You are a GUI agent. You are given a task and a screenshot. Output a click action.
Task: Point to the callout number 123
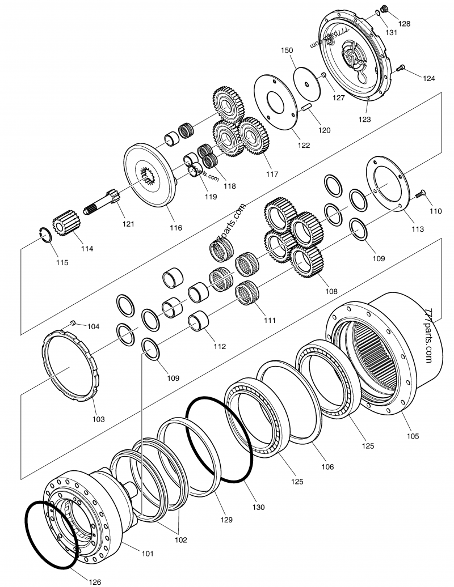click(x=365, y=120)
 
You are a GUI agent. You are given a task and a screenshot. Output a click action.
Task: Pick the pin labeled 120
click(x=306, y=120)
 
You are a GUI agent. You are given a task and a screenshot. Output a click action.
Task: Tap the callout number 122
click(x=304, y=145)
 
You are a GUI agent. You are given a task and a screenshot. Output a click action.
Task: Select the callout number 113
click(x=417, y=229)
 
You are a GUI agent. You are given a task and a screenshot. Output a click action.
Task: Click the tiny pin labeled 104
click(x=73, y=322)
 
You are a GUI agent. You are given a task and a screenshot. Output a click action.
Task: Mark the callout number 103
click(x=98, y=419)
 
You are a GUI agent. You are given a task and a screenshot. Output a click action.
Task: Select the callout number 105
click(x=413, y=436)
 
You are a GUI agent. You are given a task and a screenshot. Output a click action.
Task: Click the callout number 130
click(x=259, y=508)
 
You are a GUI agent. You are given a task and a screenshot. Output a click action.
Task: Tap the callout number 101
click(x=147, y=553)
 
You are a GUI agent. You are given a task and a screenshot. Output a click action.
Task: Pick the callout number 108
click(x=331, y=291)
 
